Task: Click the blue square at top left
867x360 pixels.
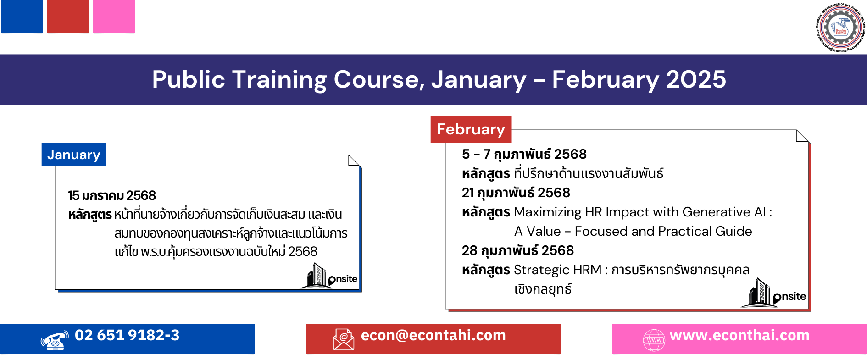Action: coord(22,17)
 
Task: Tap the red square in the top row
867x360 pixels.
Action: coord(68,17)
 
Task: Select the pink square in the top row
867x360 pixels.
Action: coord(114,17)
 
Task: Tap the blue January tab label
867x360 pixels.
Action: coord(74,155)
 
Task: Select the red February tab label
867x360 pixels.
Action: coord(471,130)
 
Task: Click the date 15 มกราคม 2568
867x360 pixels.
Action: coord(112,196)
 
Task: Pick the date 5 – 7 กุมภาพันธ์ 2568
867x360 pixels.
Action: coord(524,155)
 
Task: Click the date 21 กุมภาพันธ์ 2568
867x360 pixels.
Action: coord(516,193)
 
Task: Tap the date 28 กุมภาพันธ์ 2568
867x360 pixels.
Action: coord(517,251)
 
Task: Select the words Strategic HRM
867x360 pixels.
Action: coord(557,270)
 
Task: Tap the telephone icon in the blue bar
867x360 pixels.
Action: coord(55,340)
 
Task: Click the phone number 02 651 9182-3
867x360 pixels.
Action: coord(127,336)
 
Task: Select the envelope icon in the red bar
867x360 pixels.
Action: coord(344,340)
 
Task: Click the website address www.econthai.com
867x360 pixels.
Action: coord(739,336)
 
